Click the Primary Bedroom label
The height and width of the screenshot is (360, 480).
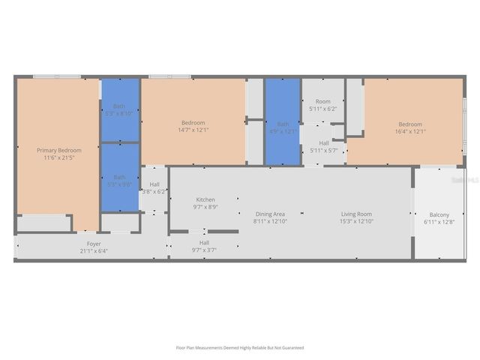click(59, 150)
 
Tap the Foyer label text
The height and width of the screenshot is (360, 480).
click(94, 244)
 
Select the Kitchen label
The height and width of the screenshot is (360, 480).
click(205, 199)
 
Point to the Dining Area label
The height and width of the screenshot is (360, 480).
click(270, 214)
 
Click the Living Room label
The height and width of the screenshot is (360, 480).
click(356, 214)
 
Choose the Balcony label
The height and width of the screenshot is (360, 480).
click(439, 214)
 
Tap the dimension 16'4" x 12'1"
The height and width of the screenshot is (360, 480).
click(410, 130)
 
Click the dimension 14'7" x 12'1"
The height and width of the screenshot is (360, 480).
click(193, 129)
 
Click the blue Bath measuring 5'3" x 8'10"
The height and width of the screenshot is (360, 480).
click(120, 109)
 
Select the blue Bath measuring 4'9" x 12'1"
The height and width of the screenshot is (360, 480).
click(283, 124)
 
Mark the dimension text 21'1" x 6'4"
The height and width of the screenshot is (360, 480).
click(94, 250)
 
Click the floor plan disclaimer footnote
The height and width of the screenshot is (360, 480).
click(240, 347)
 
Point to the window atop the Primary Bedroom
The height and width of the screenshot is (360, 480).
click(57, 76)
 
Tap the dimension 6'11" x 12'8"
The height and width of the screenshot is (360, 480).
click(439, 221)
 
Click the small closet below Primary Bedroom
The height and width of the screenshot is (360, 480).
click(43, 223)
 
